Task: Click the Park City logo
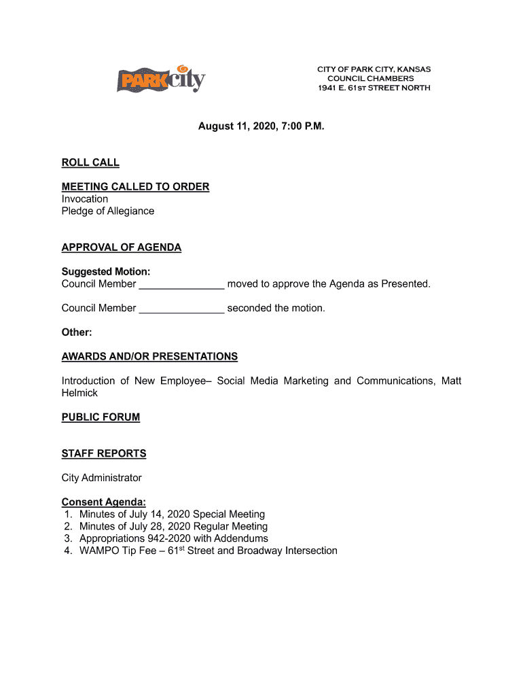161,80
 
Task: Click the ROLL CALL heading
90,162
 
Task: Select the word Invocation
85,198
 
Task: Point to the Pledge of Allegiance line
108,211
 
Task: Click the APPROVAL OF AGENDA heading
122,247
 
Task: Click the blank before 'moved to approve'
181,284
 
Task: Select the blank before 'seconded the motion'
181,309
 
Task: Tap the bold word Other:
77,332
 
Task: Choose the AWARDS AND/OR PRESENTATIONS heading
149,356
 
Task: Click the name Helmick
79,393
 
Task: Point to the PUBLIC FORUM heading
101,417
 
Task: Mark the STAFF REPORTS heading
104,453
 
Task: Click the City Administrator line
102,478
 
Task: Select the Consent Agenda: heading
104,502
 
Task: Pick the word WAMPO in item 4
99,551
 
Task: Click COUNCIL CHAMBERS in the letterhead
370,78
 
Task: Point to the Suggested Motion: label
106,272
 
